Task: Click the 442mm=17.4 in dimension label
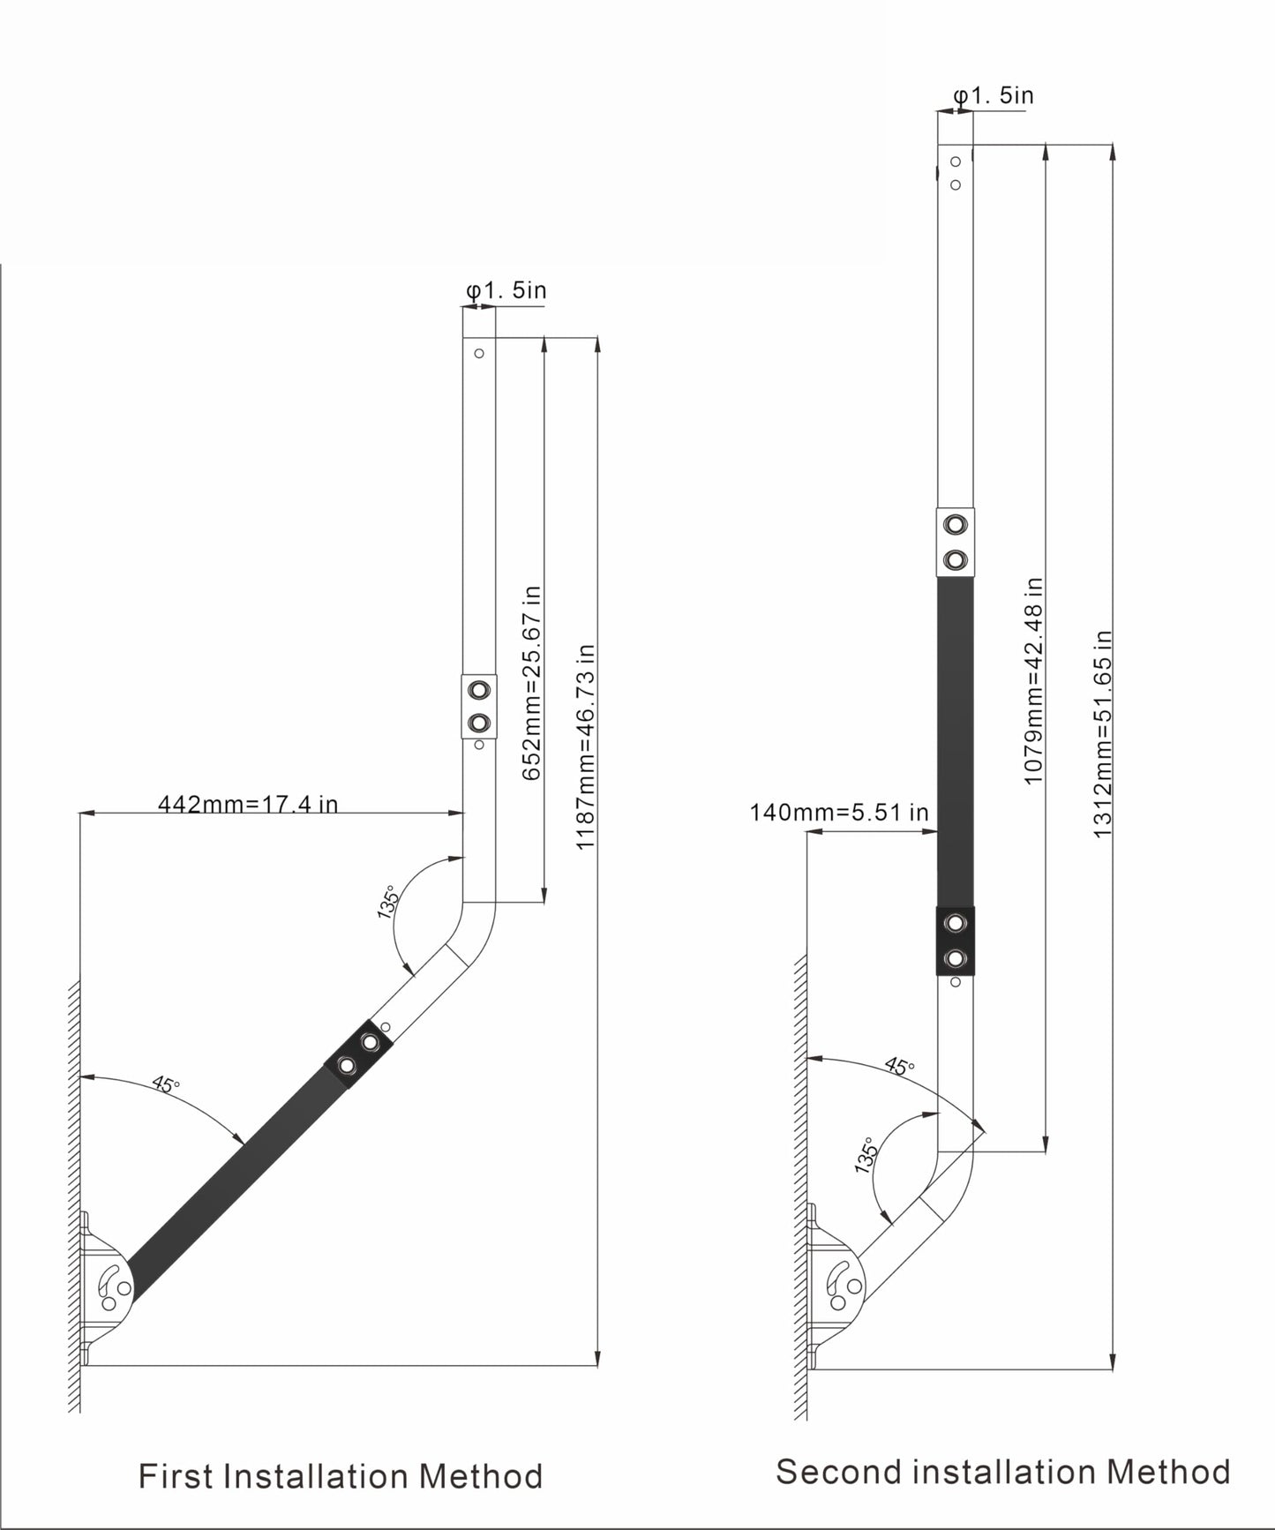(x=247, y=804)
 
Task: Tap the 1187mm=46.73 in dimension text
(x=586, y=746)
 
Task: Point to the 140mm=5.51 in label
(x=838, y=812)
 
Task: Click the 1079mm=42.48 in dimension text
(x=1034, y=680)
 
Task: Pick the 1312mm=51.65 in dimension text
(x=1102, y=733)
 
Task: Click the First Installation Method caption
(x=341, y=1475)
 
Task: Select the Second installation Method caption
(x=1002, y=1471)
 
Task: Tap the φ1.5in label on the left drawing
(x=506, y=289)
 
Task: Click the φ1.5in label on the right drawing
(x=994, y=94)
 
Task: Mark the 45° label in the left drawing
(x=166, y=1083)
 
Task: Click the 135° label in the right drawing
(x=867, y=1153)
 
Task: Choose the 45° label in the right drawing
(x=900, y=1065)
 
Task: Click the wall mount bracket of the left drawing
(x=107, y=1289)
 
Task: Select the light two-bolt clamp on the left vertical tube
(x=479, y=706)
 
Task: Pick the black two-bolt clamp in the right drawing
(x=955, y=941)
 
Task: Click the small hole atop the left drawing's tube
(x=479, y=353)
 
